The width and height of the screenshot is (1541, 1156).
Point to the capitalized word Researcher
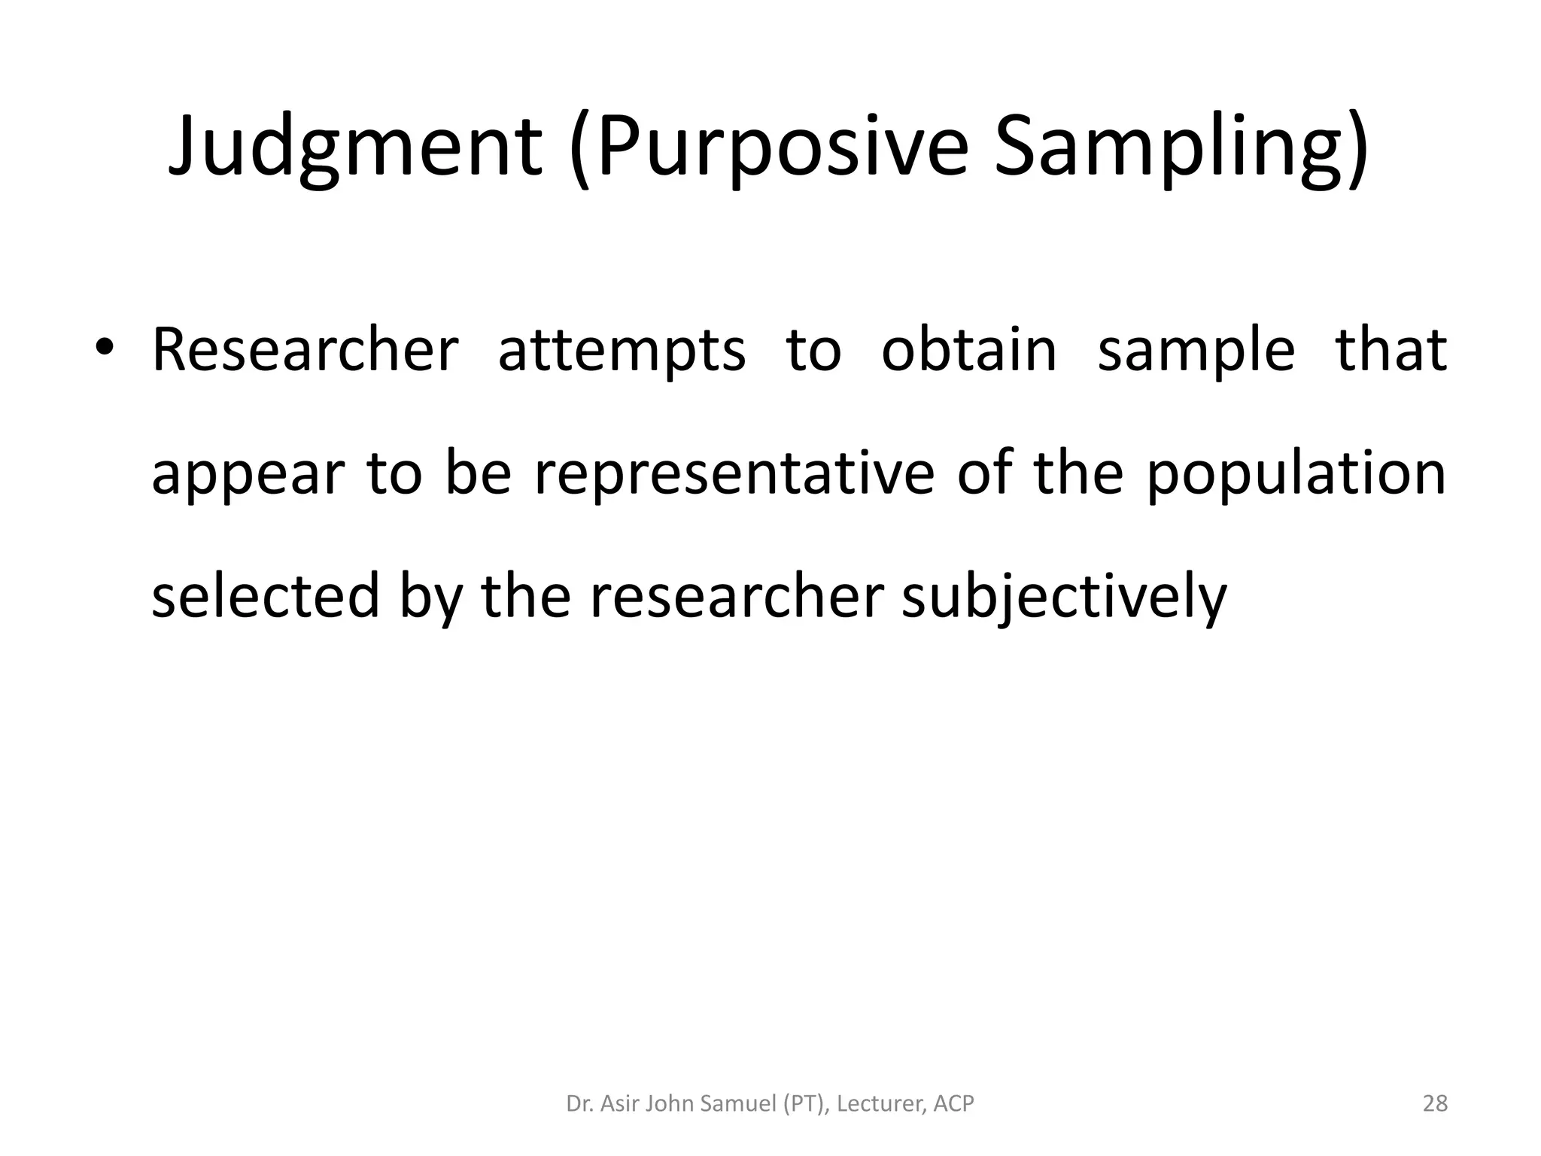click(x=305, y=350)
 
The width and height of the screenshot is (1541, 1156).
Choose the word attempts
click(x=622, y=350)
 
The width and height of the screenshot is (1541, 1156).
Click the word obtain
click(x=969, y=350)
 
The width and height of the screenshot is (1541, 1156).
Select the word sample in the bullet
click(x=1196, y=350)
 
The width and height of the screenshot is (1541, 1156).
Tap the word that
click(x=1391, y=350)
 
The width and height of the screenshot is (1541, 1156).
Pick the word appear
click(x=248, y=474)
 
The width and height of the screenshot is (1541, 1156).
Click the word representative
click(x=734, y=474)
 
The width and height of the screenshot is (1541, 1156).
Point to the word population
click(x=1296, y=474)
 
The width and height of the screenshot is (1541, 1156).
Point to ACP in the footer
click(x=953, y=1104)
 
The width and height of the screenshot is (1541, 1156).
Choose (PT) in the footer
click(x=806, y=1104)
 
